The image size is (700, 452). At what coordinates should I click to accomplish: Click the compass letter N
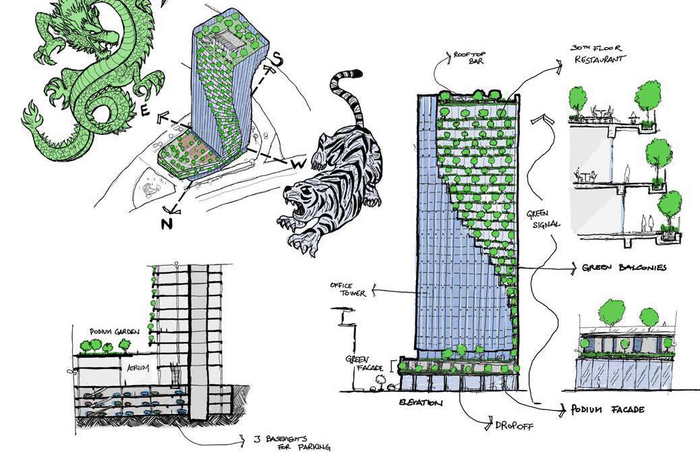click(167, 224)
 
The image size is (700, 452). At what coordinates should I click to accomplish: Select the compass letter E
click(144, 113)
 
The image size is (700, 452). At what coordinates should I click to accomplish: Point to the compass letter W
click(296, 164)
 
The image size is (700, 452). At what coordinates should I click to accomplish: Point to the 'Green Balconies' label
click(624, 268)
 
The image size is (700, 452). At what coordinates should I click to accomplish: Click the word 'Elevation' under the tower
click(421, 403)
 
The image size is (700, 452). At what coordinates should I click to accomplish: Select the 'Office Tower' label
click(347, 289)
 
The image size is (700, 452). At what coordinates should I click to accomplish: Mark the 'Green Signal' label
click(543, 220)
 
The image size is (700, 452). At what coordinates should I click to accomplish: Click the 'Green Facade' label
click(365, 364)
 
